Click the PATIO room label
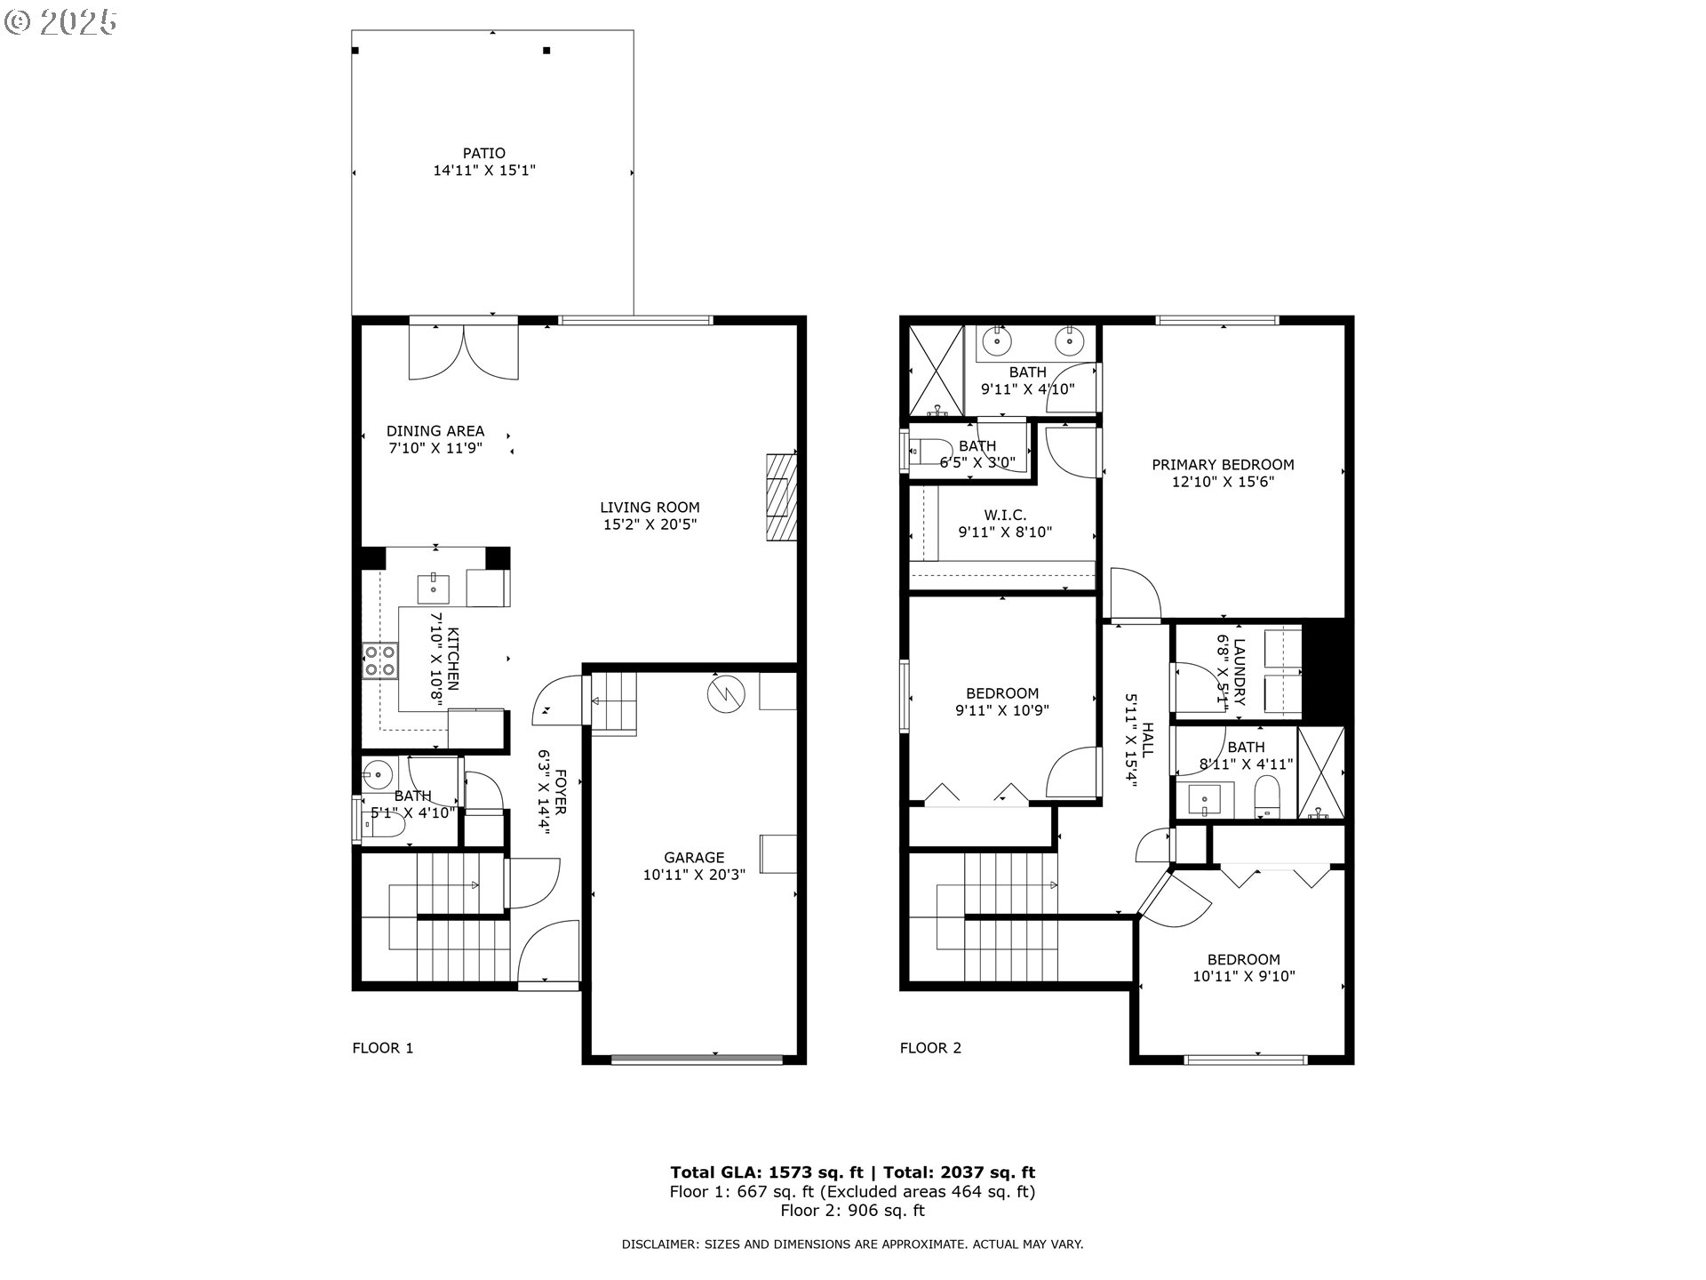tap(484, 153)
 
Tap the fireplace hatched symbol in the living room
tap(780, 497)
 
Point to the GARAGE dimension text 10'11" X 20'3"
tap(694, 875)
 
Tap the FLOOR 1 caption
tap(383, 1048)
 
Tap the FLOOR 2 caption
tap(930, 1048)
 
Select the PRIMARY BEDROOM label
tap(1223, 464)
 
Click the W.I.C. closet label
tap(1005, 516)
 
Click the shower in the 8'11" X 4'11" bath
tap(1320, 773)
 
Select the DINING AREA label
tap(435, 431)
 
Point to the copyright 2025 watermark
tap(60, 22)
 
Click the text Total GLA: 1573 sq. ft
tap(766, 1172)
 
